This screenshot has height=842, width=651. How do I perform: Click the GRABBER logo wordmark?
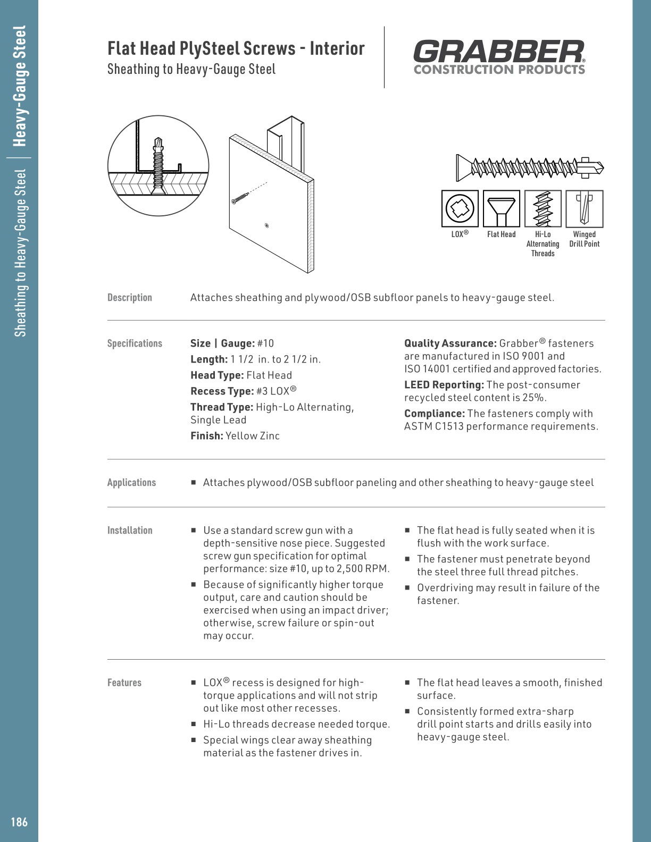pyautogui.click(x=498, y=52)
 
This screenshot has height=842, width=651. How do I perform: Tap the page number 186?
pyautogui.click(x=19, y=822)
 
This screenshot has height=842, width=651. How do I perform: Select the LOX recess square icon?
pyautogui.click(x=460, y=208)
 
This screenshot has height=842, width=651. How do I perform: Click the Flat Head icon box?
pyautogui.click(x=501, y=208)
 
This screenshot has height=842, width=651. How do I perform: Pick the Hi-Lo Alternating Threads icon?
pyautogui.click(x=542, y=208)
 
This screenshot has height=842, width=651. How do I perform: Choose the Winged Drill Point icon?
pyautogui.click(x=584, y=208)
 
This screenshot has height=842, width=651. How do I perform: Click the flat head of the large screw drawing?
pyautogui.click(x=461, y=168)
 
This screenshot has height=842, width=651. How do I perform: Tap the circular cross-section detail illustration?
pyautogui.click(x=158, y=165)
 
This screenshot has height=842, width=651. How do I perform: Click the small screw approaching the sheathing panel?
pyautogui.click(x=240, y=198)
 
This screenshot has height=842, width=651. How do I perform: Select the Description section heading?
pyautogui.click(x=130, y=298)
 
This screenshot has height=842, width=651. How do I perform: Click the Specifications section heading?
pyautogui.click(x=135, y=343)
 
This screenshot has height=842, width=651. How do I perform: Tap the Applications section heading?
pyautogui.click(x=131, y=483)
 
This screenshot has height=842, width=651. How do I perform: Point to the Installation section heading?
pyautogui.click(x=130, y=531)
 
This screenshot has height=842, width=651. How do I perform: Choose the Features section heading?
pyautogui.click(x=124, y=683)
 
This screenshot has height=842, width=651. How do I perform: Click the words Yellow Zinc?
pyautogui.click(x=252, y=436)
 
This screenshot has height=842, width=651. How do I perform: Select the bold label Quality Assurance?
pyautogui.click(x=450, y=343)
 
